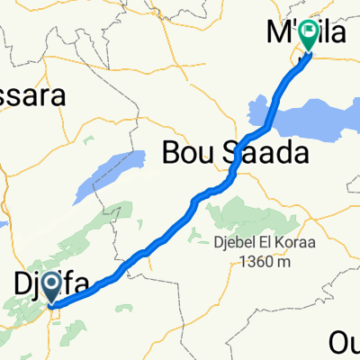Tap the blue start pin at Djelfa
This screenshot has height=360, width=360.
[49, 289]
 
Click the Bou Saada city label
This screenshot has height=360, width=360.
[235, 154]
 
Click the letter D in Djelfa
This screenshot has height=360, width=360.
[24, 287]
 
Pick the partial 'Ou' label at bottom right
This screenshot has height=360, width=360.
[345, 343]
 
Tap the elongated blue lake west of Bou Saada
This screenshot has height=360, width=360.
[108, 175]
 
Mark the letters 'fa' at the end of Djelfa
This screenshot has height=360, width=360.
[79, 287]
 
